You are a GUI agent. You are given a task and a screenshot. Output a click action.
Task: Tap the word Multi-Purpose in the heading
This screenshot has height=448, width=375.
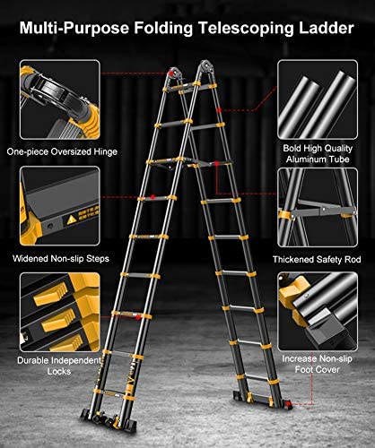tap(74, 28)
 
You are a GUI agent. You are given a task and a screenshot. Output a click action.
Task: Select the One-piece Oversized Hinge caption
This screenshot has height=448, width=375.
tap(62, 151)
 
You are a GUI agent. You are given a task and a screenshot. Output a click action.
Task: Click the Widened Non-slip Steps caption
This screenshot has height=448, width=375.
tap(61, 258)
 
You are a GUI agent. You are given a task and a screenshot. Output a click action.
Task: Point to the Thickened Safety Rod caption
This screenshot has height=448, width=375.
tap(317, 259)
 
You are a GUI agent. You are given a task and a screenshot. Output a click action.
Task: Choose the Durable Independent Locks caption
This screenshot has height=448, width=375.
tap(59, 366)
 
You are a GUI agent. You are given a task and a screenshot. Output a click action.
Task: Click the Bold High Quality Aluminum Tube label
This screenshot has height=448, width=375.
tap(318, 153)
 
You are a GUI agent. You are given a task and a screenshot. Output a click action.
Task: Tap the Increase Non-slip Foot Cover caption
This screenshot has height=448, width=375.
tap(317, 364)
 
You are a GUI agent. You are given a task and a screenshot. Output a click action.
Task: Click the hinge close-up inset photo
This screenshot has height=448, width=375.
tap(60, 99)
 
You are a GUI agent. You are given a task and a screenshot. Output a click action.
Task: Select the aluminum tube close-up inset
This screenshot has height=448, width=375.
tap(318, 99)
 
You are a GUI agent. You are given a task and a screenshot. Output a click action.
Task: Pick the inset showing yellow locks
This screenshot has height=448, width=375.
tap(60, 312)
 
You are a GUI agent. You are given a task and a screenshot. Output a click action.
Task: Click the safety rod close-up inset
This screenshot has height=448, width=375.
tap(318, 208)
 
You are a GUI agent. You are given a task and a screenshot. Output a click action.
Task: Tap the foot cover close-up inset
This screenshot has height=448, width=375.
tap(318, 312)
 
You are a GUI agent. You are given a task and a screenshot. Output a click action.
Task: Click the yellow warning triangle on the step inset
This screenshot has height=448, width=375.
tap(71, 220)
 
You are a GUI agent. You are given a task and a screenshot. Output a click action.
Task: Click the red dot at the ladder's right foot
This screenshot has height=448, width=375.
tap(288, 404)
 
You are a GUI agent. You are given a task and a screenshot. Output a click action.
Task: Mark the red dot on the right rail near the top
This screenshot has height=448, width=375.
tap(219, 110)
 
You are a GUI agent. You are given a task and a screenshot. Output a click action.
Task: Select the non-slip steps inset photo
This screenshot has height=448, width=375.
tap(60, 206)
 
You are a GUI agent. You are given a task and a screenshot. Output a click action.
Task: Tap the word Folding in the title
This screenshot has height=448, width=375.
tap(163, 29)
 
